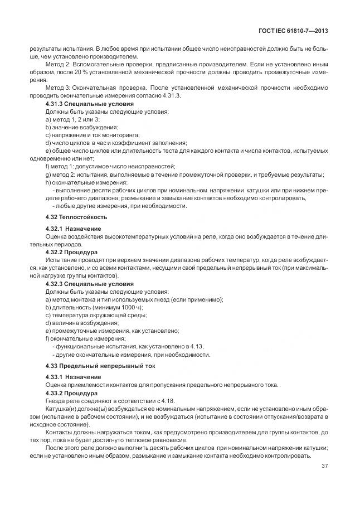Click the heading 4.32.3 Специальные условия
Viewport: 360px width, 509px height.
point(89,284)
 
